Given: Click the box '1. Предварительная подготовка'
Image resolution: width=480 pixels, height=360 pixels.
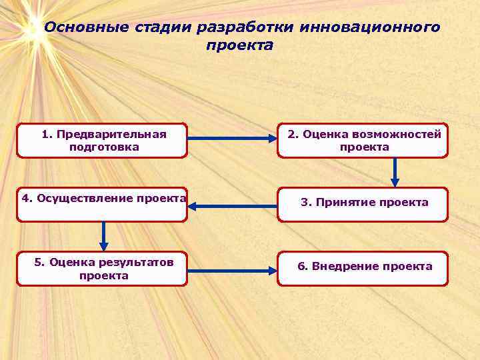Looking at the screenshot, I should pos(102,140).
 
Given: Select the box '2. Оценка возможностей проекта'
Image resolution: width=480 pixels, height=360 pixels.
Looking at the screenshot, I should pos(363,140).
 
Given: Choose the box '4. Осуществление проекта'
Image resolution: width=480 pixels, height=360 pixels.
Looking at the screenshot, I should pos(102,204).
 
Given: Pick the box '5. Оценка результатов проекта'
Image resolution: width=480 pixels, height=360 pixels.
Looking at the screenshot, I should pos(102,269).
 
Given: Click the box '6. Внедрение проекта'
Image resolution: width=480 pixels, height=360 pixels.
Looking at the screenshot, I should pos(363,269).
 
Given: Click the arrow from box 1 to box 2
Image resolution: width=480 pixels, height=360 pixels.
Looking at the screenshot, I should pos(232,139).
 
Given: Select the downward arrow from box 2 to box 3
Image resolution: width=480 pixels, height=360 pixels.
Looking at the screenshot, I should pos(395,172).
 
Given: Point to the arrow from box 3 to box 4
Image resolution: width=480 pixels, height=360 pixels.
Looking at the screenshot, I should pos(232,206).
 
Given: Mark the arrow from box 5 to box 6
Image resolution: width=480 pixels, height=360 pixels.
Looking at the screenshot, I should pos(232,271).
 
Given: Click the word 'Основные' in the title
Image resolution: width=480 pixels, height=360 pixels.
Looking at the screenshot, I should pos(73,27).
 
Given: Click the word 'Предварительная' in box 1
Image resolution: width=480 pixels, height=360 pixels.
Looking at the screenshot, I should pos(111,134).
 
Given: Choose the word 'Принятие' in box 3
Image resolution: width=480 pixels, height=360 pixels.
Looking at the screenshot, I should pos(339,202).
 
